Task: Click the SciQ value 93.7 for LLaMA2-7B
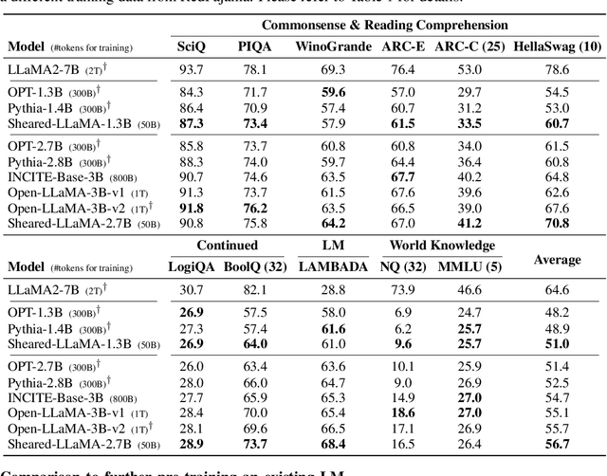click(x=191, y=68)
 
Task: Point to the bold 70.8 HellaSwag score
click(x=557, y=223)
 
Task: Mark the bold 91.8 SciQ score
click(x=191, y=209)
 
